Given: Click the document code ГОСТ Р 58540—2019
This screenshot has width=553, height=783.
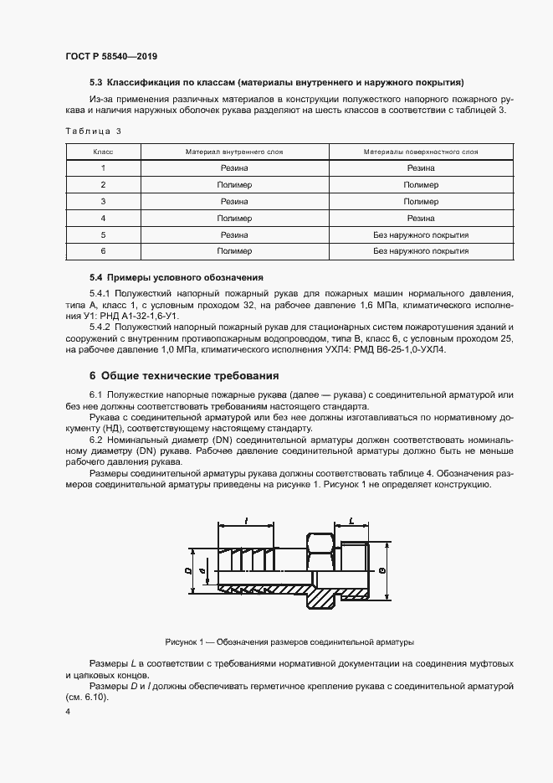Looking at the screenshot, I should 110,56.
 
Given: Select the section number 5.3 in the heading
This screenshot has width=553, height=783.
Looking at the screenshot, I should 96,83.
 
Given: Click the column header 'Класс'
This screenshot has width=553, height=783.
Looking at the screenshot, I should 103,152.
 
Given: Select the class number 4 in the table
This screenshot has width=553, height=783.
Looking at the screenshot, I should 103,218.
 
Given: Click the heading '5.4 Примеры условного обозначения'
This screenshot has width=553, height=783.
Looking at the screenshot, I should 177,276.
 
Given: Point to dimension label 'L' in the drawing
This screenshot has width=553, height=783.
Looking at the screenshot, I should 350,521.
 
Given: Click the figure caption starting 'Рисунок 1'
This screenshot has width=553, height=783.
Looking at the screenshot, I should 289,642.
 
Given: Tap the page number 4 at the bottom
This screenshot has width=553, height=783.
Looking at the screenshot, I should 68,711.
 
